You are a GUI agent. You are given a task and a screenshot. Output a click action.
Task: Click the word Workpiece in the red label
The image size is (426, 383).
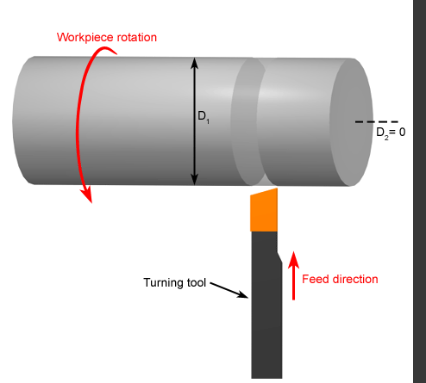tap(81, 38)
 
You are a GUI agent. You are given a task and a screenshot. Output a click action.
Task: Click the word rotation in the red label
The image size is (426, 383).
tap(133, 37)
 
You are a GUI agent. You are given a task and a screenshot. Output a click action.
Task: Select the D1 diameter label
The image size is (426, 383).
tap(204, 117)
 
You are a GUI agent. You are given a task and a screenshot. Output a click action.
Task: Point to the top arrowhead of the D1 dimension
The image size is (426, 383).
tap(195, 63)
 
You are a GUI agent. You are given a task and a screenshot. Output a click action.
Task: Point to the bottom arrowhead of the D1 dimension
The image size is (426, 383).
tap(195, 180)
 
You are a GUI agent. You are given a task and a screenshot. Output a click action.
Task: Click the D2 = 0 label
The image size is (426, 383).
tap(391, 133)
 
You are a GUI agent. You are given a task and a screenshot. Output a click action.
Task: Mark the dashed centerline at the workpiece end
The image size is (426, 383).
tap(377, 122)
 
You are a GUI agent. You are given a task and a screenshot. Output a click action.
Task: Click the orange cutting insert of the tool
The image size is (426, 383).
tap(264, 210)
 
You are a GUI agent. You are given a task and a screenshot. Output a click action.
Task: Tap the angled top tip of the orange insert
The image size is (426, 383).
tap(277, 189)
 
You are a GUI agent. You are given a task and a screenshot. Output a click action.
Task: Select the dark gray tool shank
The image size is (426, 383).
tap(266, 305)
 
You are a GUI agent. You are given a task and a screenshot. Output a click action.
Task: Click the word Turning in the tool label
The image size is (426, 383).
tap(164, 283)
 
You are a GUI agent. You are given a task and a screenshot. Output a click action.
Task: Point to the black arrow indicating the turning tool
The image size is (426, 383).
tap(229, 290)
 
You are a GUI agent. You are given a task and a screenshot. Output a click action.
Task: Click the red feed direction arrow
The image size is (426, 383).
tap(293, 275)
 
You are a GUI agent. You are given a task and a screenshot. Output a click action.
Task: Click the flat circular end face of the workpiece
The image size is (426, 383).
tap(351, 122)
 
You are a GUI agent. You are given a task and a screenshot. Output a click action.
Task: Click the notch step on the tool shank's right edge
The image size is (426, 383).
tap(279, 256)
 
